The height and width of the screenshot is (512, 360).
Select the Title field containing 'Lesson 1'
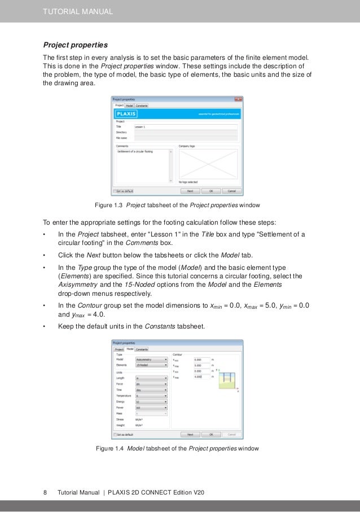point(186,127)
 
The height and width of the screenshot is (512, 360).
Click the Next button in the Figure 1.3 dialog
point(190,191)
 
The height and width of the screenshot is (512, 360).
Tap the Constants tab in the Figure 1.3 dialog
point(142,105)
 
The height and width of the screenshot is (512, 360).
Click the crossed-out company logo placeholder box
point(208,164)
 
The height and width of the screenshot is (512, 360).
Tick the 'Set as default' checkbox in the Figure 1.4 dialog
point(116,435)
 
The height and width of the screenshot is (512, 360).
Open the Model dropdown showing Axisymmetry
point(151,359)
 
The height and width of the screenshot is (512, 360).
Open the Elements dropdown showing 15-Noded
point(151,366)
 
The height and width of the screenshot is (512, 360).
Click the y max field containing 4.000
point(200,377)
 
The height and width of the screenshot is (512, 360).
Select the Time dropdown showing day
point(151,390)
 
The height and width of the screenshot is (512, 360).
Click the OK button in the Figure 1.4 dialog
point(210,435)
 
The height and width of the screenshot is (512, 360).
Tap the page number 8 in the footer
point(45,493)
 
